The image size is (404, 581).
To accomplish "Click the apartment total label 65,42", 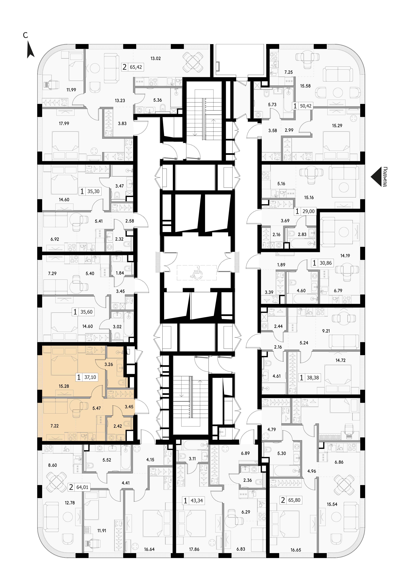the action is tap(136, 67).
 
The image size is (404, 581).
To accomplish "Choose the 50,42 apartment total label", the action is tap(306, 106).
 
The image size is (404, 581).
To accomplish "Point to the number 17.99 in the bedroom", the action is tap(64, 124).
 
